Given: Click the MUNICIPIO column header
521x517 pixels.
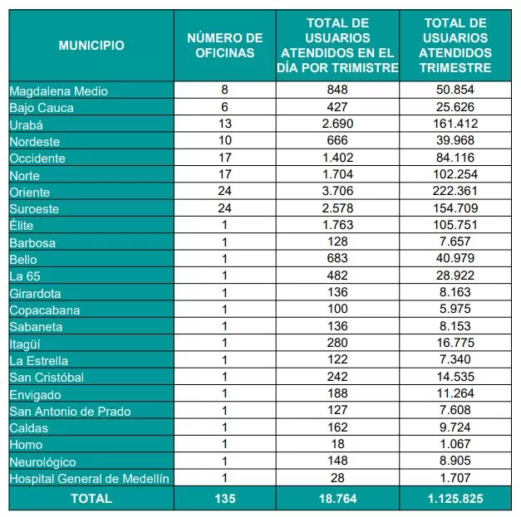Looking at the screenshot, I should [x=91, y=46].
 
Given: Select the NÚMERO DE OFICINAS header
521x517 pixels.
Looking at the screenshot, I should [x=224, y=46].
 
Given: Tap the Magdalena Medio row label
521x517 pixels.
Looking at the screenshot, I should [x=58, y=90].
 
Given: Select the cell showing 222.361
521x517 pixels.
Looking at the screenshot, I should [x=456, y=192].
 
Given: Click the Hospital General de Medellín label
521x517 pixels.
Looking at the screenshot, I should [x=89, y=478].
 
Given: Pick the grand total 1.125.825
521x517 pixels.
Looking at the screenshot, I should [x=456, y=499].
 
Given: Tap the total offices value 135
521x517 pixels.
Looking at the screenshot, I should [x=224, y=499].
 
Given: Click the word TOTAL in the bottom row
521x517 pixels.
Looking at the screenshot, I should [x=91, y=499].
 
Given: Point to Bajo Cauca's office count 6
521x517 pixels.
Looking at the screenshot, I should [x=224, y=107].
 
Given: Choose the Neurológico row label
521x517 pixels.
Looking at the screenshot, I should [x=42, y=461].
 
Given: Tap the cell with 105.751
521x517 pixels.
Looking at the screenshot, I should [x=456, y=226].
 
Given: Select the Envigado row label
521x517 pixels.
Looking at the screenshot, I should [x=35, y=394].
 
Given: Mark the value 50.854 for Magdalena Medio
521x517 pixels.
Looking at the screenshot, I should [x=456, y=90].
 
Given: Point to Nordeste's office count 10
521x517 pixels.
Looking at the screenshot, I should [x=224, y=141].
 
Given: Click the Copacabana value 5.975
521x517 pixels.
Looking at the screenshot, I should [x=456, y=310].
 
